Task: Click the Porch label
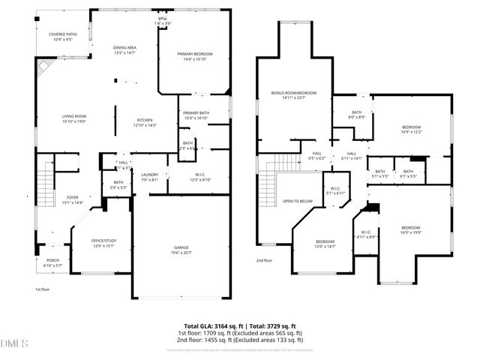click(x=52, y=262)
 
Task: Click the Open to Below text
click(x=298, y=201)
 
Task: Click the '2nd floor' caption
click(x=265, y=260)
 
